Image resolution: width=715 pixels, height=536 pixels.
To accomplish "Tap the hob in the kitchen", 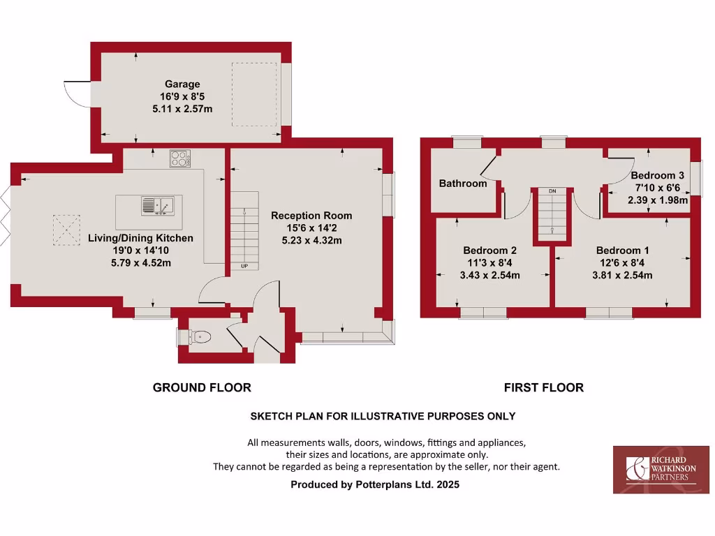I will click(x=180, y=159).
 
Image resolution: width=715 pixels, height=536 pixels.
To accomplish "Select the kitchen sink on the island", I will click(x=156, y=205).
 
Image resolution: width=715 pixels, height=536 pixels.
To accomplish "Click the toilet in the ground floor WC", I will click(x=202, y=337).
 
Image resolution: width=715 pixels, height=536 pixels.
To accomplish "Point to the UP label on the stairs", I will click(x=244, y=267).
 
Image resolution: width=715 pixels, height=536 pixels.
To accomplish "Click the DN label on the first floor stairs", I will click(x=552, y=191).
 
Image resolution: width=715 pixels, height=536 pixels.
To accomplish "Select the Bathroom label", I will click(x=463, y=184).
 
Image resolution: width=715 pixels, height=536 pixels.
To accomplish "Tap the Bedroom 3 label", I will click(x=653, y=175).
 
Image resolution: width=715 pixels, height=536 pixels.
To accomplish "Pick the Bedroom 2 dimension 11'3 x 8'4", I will click(x=489, y=262).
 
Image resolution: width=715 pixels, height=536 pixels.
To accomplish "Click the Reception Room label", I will click(x=311, y=216).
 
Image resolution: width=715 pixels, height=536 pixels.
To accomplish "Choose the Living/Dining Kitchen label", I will click(x=140, y=238).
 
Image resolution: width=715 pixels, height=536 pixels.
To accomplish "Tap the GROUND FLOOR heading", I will click(x=202, y=387).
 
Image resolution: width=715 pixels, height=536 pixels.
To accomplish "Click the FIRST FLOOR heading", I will click(x=544, y=387).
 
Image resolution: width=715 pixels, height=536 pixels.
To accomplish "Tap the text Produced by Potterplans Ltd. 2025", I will click(x=375, y=484).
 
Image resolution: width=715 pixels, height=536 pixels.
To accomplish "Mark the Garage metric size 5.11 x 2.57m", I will click(x=182, y=109).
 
